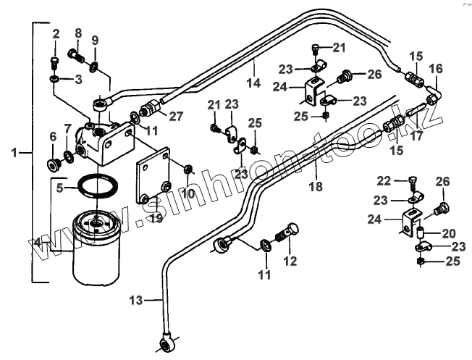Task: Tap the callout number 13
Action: pyautogui.click(x=138, y=298)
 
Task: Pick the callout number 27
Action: pyautogui.click(x=177, y=115)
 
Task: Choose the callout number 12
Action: pyautogui.click(x=290, y=261)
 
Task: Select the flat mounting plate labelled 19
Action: pyautogui.click(x=153, y=177)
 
